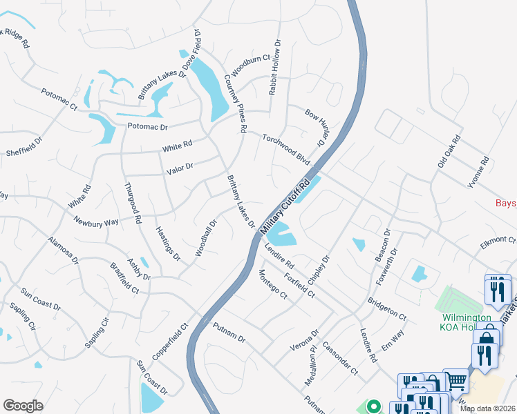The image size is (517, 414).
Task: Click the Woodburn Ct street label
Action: [x=250, y=61]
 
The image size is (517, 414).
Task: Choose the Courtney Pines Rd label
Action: [x=236, y=103]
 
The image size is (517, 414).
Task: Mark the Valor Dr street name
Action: [x=179, y=166]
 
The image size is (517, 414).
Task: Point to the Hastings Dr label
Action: [x=167, y=244]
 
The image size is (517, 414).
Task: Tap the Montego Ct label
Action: [x=272, y=284]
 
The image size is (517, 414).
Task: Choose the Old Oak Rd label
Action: [x=447, y=152]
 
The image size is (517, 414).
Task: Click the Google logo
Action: [x=23, y=406]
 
